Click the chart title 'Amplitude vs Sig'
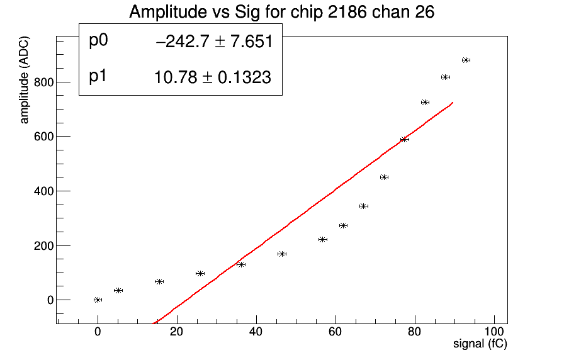coord(281,12)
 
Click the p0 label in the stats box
coord(99,41)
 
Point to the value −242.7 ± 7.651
coord(213,42)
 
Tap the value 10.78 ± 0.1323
coord(213,77)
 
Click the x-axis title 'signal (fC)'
coord(480,344)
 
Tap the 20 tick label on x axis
coord(177,332)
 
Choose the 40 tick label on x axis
coord(256,332)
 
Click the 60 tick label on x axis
coord(336,332)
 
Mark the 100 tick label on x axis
coord(494,332)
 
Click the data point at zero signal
coord(98,300)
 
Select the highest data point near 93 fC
coord(466,60)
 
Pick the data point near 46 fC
coord(282,254)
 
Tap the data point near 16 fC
coord(159,281)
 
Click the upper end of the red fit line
coord(451,103)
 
